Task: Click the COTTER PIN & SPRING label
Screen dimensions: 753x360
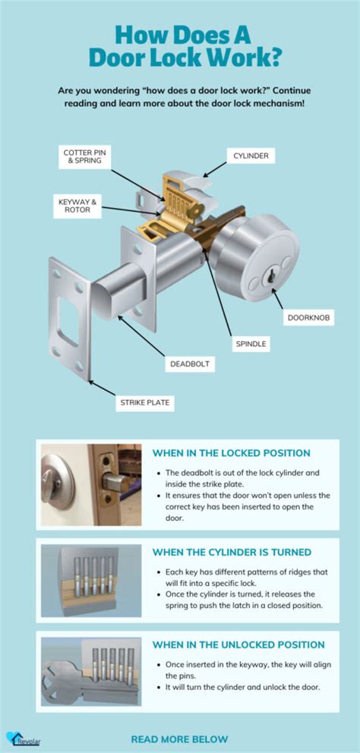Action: tap(85, 157)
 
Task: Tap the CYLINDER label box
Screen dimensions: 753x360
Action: tap(251, 156)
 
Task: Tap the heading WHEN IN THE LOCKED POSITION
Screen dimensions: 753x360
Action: tap(231, 452)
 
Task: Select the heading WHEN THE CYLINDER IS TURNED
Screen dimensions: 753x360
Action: tap(232, 552)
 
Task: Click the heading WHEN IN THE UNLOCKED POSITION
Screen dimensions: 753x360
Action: tap(238, 644)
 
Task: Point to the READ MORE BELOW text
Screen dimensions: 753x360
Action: tap(179, 738)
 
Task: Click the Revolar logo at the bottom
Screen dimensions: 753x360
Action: tap(18, 738)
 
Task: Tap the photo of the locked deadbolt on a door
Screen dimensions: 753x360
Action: tap(91, 484)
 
